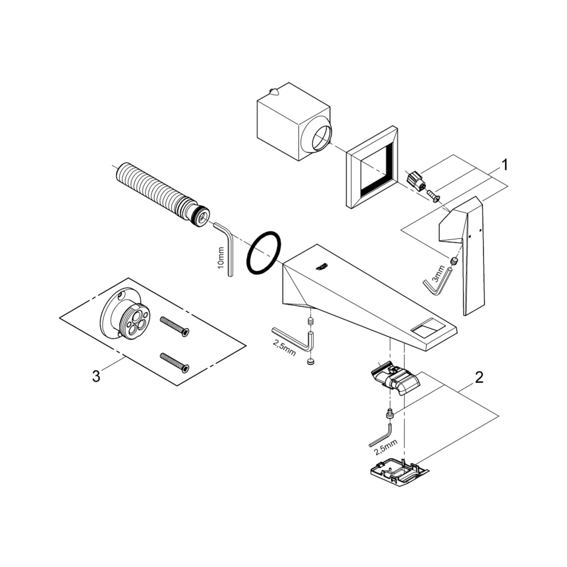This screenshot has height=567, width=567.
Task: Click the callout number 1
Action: coord(505,166)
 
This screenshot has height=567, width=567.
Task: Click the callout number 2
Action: coord(479,377)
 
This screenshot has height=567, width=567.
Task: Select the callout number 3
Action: coord(96,376)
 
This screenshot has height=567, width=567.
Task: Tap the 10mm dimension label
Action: coord(221,258)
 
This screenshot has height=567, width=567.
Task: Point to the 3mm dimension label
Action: coord(438,273)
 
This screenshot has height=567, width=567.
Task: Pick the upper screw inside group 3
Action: coord(175,326)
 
